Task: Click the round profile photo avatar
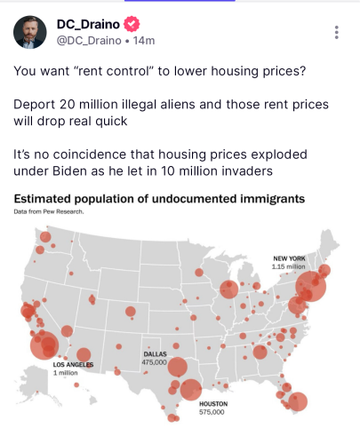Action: click(30, 32)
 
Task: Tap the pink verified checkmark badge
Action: click(132, 24)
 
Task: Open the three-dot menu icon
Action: click(336, 32)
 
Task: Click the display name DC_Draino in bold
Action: click(88, 24)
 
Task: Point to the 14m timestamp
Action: click(144, 41)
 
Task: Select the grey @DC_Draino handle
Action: click(89, 41)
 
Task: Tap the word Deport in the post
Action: click(35, 105)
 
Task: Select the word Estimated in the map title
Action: click(43, 199)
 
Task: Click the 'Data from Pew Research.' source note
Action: click(49, 211)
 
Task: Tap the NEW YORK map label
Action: click(289, 258)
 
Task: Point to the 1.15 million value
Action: click(288, 266)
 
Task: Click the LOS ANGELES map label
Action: click(73, 365)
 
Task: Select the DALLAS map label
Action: click(155, 354)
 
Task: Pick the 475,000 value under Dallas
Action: click(154, 362)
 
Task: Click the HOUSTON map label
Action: click(213, 404)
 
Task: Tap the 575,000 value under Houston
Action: click(212, 412)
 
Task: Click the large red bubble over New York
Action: click(311, 287)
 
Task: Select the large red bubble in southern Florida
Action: click(298, 401)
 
